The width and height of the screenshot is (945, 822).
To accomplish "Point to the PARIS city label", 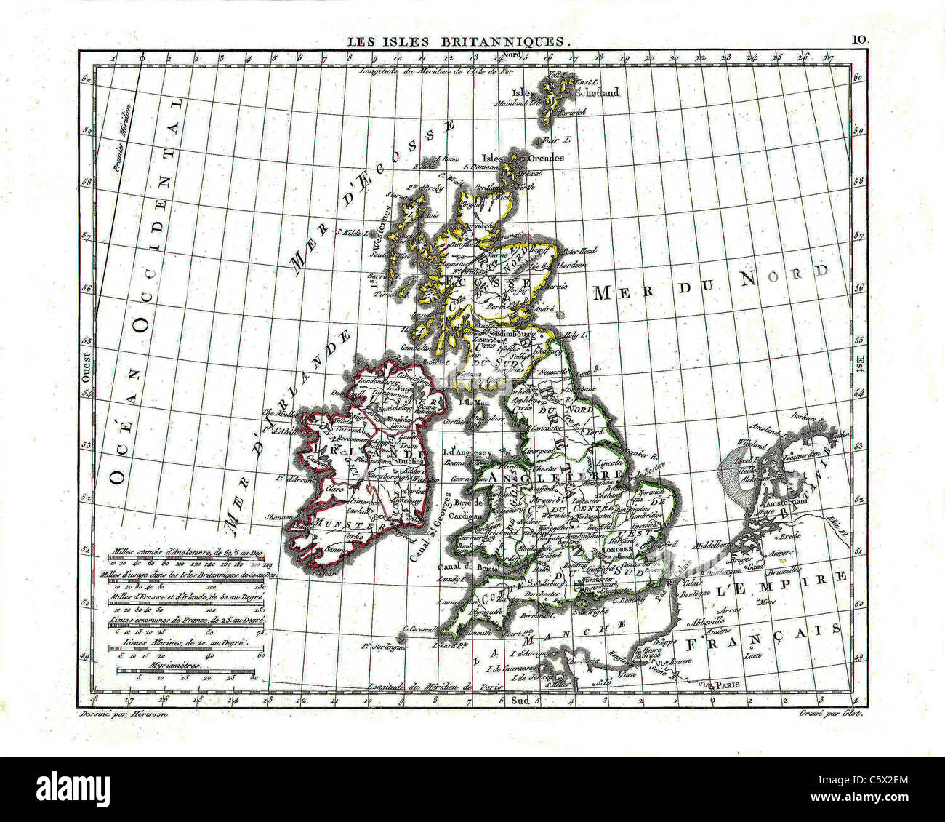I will (729, 685).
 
